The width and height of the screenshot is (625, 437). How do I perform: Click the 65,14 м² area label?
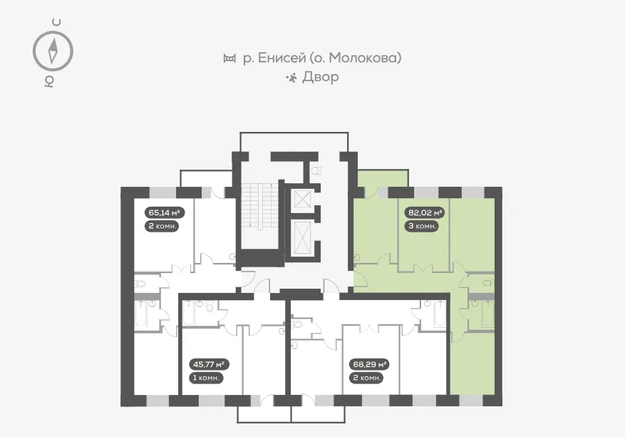[x=164, y=212]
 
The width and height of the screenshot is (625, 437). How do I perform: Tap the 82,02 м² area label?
[x=425, y=212]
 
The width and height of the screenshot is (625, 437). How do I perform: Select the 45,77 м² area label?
[x=209, y=364]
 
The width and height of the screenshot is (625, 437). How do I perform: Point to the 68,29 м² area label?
[x=369, y=364]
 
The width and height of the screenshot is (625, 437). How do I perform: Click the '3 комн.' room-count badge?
[x=421, y=226]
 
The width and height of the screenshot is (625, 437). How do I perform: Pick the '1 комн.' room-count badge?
[x=206, y=378]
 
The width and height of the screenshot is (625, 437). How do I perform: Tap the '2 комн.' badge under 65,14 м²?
[x=161, y=226]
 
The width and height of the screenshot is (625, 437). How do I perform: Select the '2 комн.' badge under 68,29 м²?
[x=366, y=378]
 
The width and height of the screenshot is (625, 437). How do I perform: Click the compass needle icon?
[x=53, y=51]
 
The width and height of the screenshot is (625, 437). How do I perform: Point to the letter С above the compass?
[x=57, y=22]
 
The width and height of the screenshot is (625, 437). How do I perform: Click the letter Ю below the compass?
[x=49, y=81]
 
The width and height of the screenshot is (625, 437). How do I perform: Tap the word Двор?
[x=321, y=76]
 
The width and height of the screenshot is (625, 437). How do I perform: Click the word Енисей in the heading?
[x=281, y=58]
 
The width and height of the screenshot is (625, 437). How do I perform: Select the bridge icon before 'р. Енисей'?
[x=229, y=58]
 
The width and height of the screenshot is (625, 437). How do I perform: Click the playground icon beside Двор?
[x=291, y=77]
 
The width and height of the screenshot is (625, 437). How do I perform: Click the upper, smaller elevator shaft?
[x=303, y=198]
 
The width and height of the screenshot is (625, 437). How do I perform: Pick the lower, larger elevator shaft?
[x=303, y=237]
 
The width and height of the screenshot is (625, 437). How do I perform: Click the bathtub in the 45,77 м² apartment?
[x=189, y=313]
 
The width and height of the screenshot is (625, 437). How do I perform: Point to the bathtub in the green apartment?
[x=487, y=314]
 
